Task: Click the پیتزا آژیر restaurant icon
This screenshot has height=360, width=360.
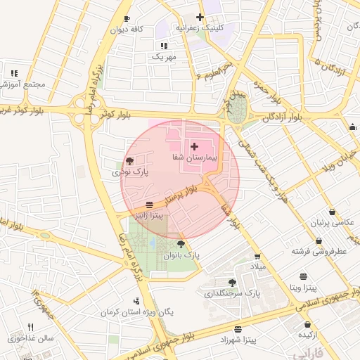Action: pos(150,206)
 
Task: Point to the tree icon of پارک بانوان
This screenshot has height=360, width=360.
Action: pos(182,244)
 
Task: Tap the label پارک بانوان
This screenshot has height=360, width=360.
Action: pos(182,257)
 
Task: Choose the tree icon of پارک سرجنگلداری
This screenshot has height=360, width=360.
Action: pos(233,282)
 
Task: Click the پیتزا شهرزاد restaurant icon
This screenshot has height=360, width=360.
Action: pos(238,329)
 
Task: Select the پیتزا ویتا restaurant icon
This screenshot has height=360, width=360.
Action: pos(303,276)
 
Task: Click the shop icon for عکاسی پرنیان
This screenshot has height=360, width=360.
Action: pos(332,212)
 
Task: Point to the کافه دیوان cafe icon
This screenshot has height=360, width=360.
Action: pos(127,18)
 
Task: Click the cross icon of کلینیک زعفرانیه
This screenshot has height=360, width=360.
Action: pos(200,17)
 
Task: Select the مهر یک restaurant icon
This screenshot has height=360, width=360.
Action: pos(164,45)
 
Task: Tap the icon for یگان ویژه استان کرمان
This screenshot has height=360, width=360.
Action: pos(136,302)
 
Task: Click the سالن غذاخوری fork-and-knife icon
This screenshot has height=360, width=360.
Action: pos(30,327)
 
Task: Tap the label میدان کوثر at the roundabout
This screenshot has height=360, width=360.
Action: pos(228,102)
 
